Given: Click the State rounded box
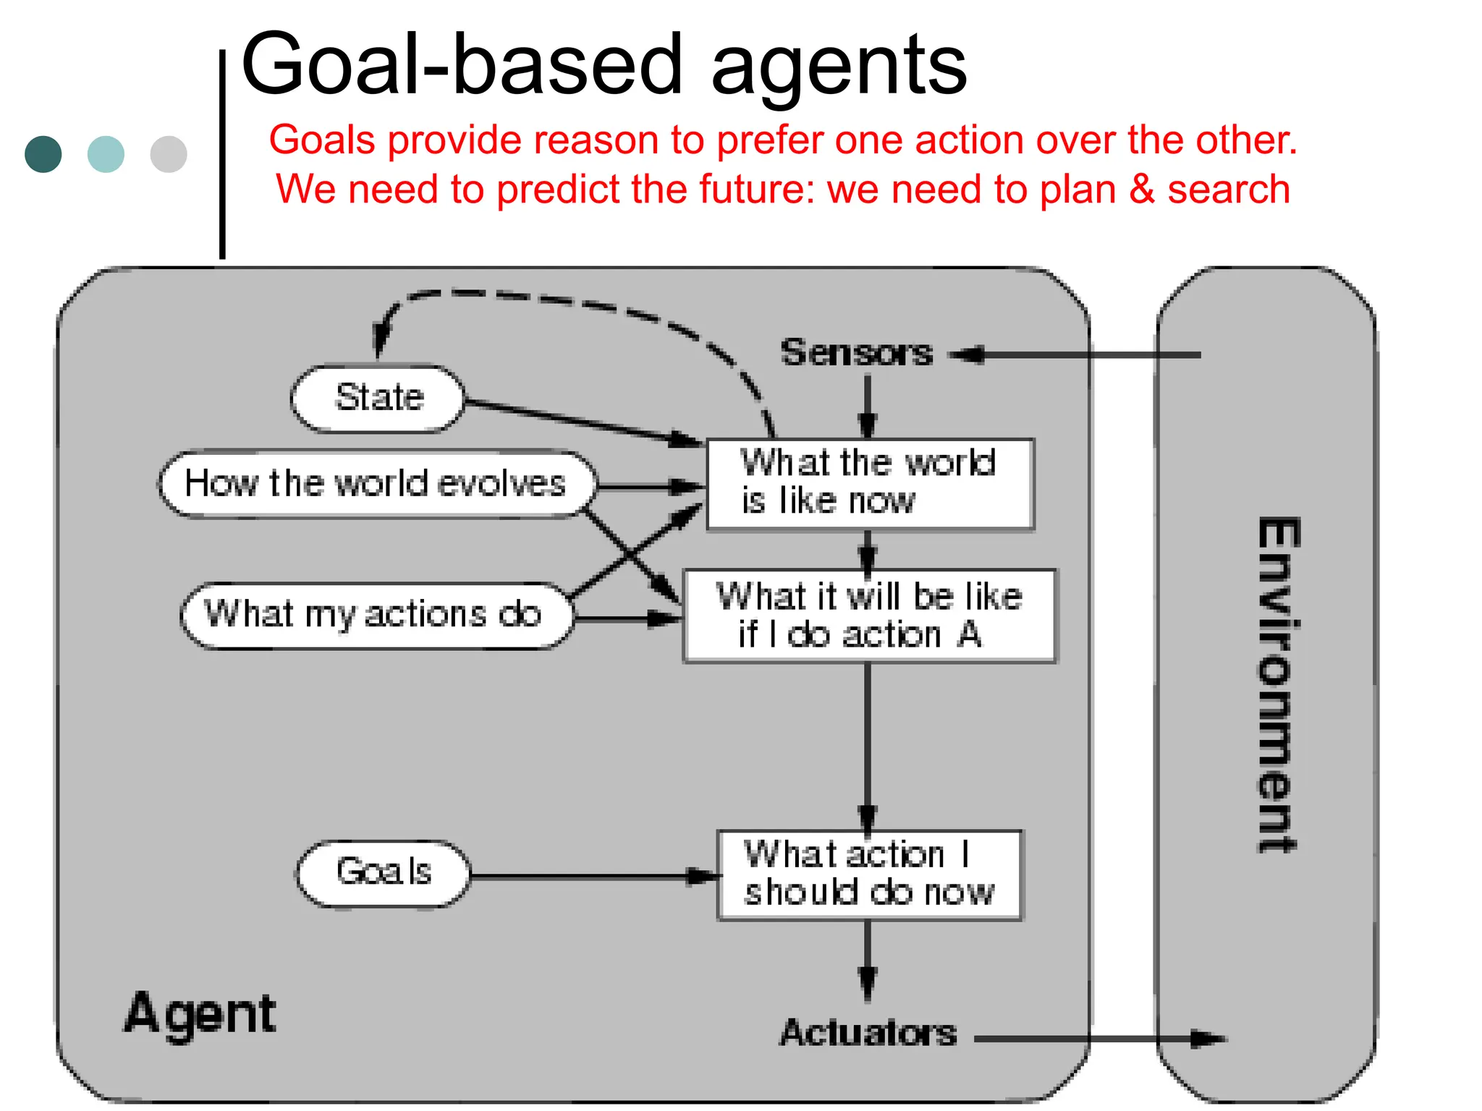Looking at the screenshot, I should (x=377, y=399).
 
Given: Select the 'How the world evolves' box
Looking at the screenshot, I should (x=377, y=484).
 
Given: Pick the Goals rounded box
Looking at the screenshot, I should (x=384, y=873).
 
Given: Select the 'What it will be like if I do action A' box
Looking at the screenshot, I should (x=869, y=616).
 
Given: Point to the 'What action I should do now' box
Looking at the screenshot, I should (x=869, y=874).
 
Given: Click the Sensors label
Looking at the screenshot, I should (x=857, y=354).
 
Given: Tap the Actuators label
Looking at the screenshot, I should (x=868, y=1032).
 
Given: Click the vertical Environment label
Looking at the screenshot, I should (x=1277, y=684).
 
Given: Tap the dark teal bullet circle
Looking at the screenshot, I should (x=43, y=154).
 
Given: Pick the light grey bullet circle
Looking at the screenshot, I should (x=169, y=154).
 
